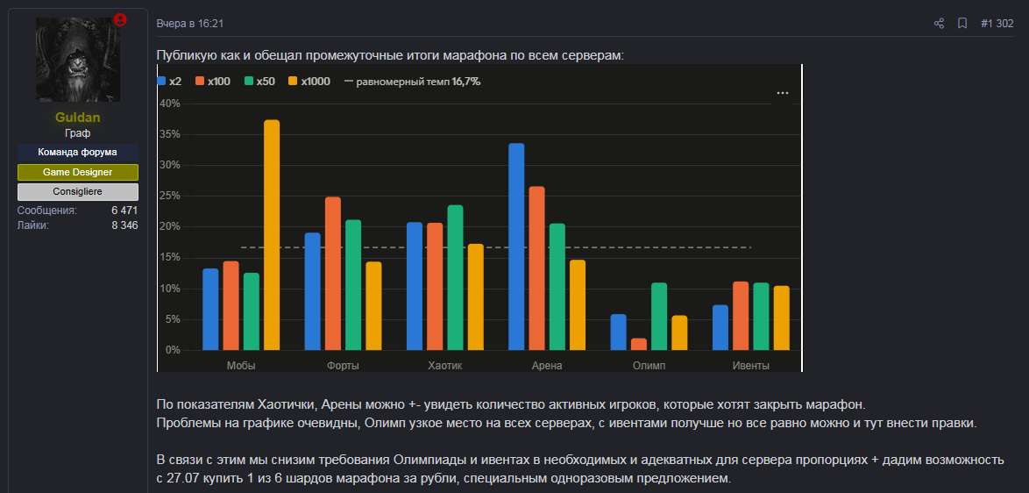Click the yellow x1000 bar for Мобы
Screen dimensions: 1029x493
(x=272, y=235)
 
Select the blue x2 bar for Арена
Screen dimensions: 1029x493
(x=516, y=246)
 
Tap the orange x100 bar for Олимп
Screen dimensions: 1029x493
(x=639, y=345)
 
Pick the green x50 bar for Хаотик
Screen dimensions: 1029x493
(x=456, y=278)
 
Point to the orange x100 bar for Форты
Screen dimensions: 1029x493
(x=333, y=274)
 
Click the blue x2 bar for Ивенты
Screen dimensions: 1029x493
(x=720, y=327)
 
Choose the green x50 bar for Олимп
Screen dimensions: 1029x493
(x=659, y=317)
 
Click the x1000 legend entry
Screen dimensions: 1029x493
(x=309, y=82)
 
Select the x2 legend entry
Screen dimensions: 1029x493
(x=170, y=82)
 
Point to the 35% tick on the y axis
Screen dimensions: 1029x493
(x=170, y=134)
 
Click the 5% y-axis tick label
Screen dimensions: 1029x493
(x=173, y=319)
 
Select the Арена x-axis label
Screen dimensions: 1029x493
(x=547, y=366)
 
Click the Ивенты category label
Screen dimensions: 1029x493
(x=751, y=366)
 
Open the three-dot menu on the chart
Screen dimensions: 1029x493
(x=782, y=93)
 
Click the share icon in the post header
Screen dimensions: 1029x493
(x=939, y=24)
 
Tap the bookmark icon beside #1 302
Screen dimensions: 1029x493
(x=962, y=24)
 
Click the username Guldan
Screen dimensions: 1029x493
(x=78, y=118)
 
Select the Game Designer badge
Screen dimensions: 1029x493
(x=78, y=172)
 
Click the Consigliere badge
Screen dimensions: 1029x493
(x=78, y=192)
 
